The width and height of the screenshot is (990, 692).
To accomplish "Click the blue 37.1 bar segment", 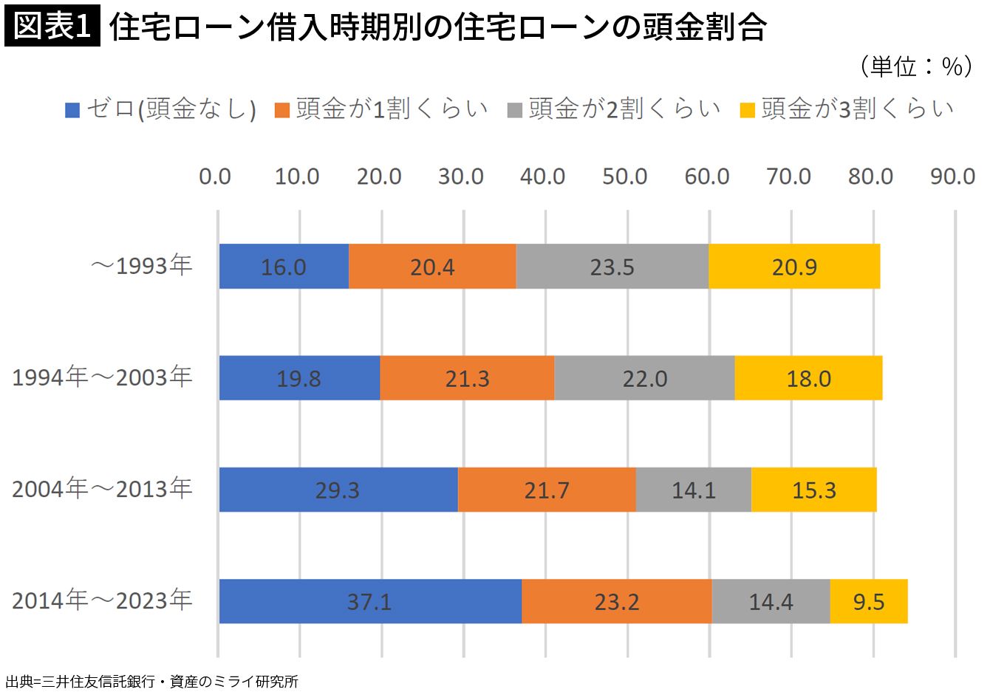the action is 370,601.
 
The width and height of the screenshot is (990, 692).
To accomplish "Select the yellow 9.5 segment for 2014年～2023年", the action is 869,601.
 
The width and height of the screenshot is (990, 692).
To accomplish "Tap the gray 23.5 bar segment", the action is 612,267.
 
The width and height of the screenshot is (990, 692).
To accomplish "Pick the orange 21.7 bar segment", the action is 547,490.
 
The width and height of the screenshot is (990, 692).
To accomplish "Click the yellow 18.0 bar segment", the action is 808,378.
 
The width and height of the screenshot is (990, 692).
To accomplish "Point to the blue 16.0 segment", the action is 284,267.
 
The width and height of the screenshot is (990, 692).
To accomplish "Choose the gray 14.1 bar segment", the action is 694,490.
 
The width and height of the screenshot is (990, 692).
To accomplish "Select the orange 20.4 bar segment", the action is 432,267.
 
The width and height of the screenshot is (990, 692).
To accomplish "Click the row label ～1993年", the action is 141,266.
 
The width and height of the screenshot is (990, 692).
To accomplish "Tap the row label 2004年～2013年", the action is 102,489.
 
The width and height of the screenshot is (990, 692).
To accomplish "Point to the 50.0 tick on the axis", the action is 624,177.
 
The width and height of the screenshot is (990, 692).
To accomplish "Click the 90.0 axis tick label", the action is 952,177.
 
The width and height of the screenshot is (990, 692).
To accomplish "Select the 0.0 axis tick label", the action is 215,177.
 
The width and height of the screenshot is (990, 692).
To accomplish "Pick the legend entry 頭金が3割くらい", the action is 846,109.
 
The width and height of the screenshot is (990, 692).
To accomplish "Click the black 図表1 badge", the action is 52,26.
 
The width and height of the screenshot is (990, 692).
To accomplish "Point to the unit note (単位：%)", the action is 916,67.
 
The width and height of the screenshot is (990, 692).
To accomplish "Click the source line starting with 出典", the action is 151,682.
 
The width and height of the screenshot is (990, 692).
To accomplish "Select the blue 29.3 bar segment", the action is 338,490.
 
